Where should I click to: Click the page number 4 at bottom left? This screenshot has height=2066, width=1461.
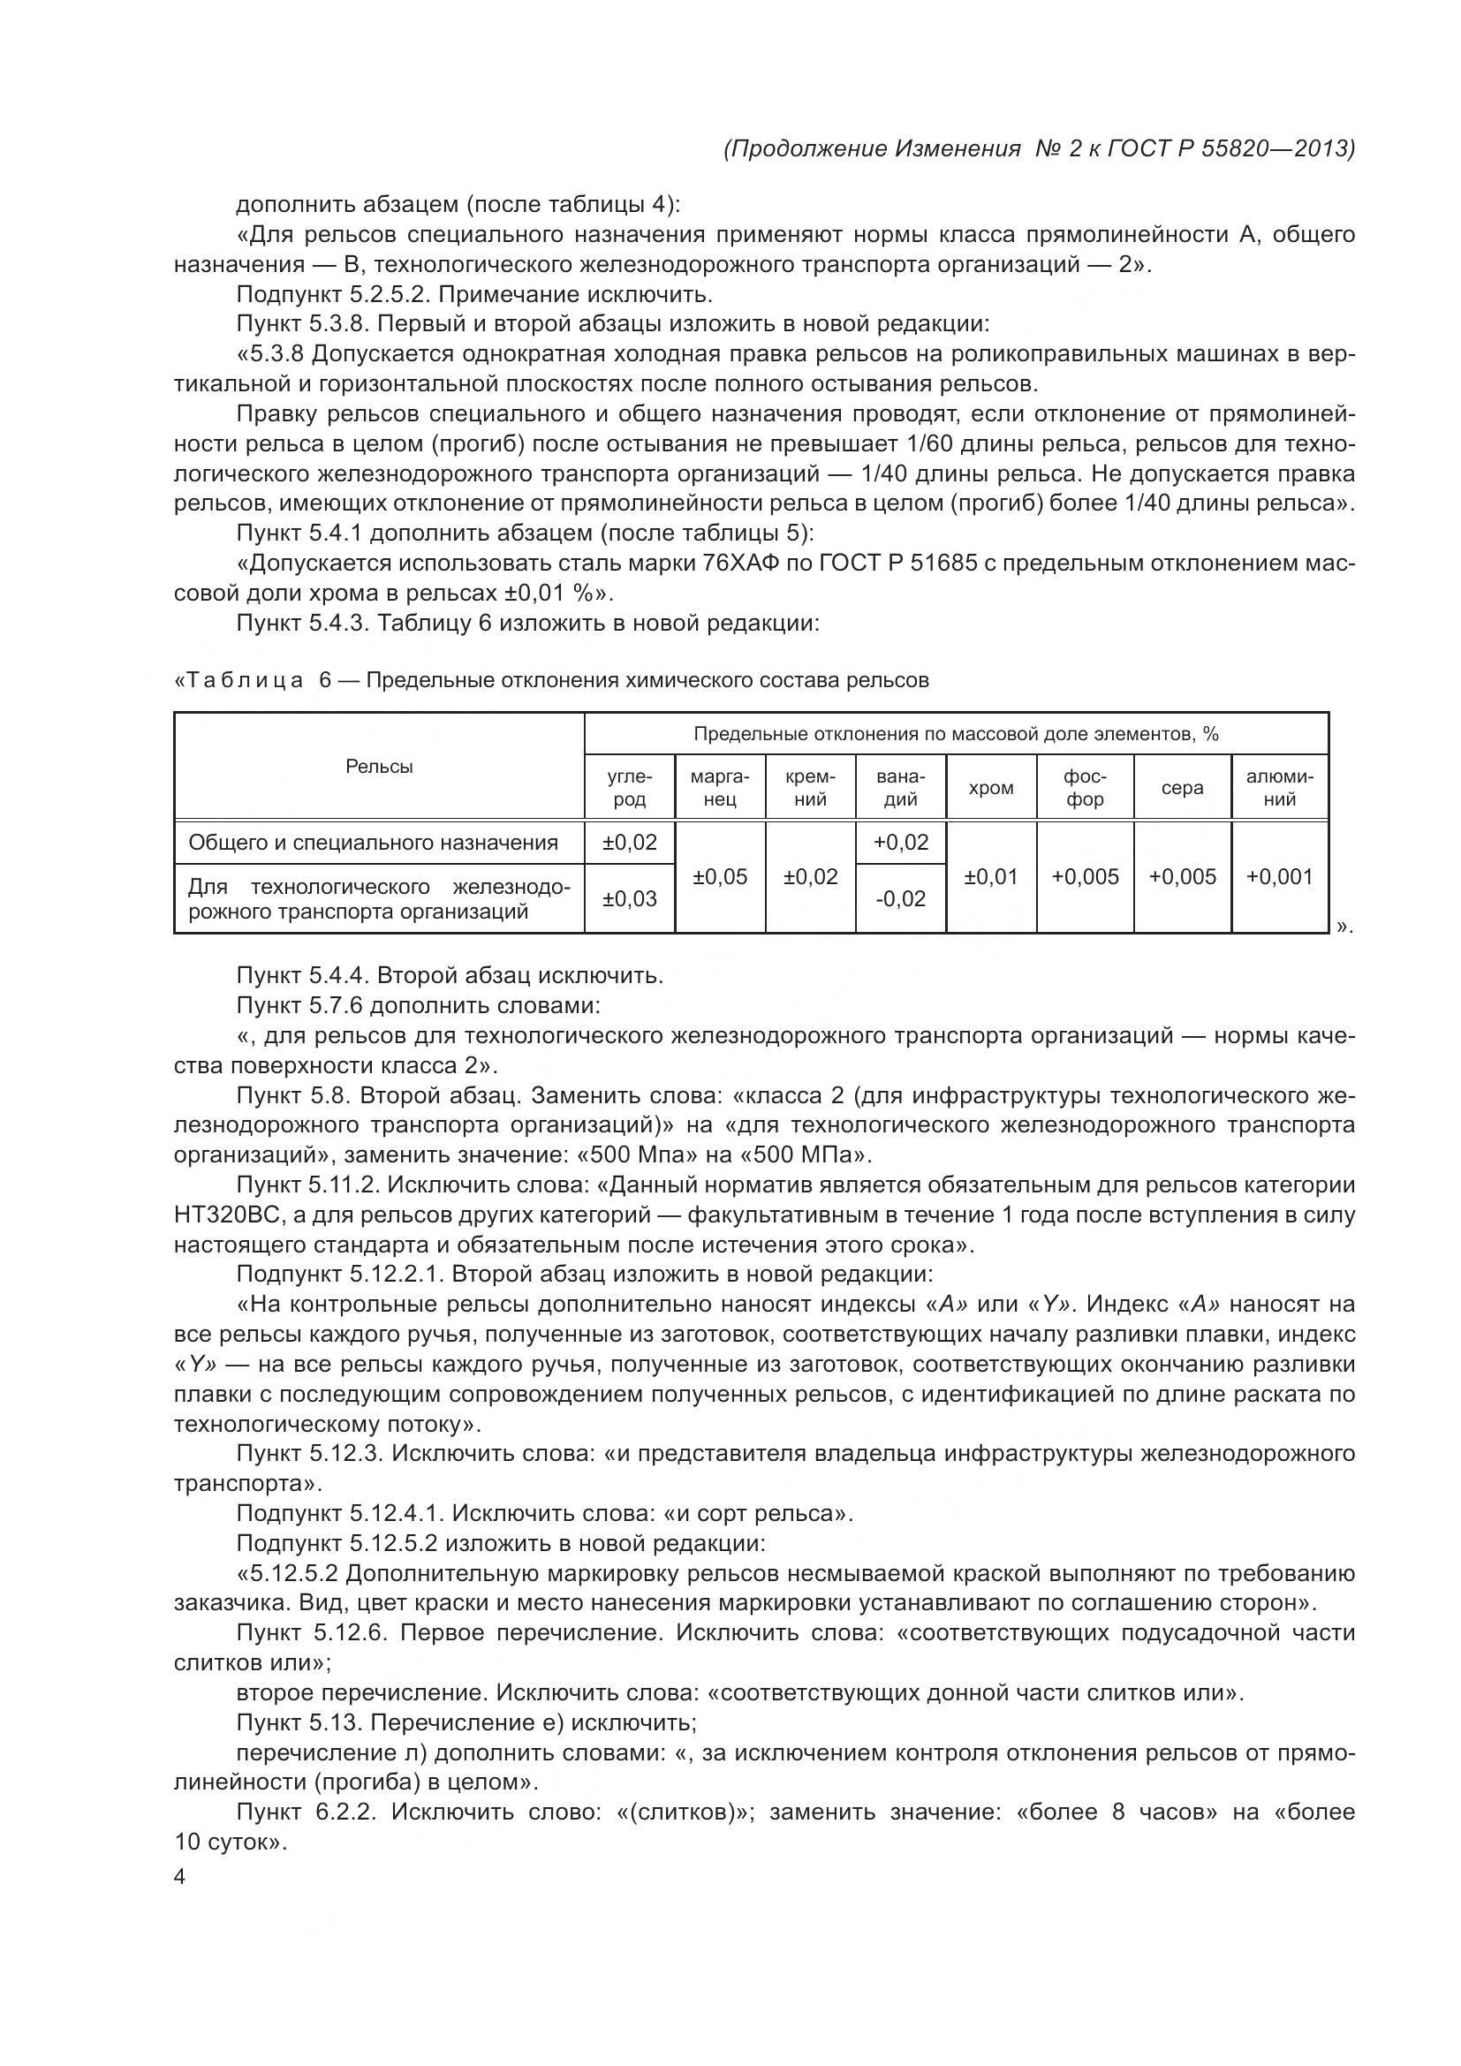(x=179, y=1877)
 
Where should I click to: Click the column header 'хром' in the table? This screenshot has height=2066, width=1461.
(x=990, y=788)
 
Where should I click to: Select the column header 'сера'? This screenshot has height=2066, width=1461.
(x=1181, y=788)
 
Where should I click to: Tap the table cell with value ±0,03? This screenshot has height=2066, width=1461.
(x=629, y=899)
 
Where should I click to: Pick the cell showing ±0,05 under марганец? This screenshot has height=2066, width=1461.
(x=720, y=876)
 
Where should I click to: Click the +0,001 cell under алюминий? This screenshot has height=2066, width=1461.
(x=1278, y=876)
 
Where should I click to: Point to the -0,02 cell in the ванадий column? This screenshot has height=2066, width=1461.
(x=899, y=899)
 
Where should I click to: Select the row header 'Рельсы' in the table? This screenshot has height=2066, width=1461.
(x=379, y=767)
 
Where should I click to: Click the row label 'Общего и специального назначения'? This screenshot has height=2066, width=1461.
(x=373, y=844)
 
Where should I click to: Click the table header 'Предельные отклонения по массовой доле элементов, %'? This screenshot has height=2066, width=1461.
(x=956, y=734)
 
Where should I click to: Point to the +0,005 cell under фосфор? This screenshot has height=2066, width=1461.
(x=1085, y=876)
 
